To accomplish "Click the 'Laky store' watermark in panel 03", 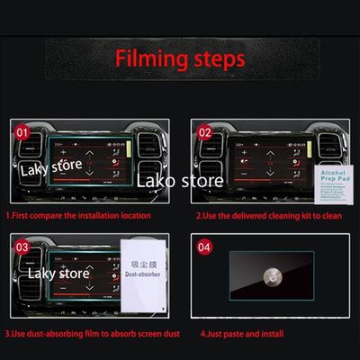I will click(58, 273).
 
